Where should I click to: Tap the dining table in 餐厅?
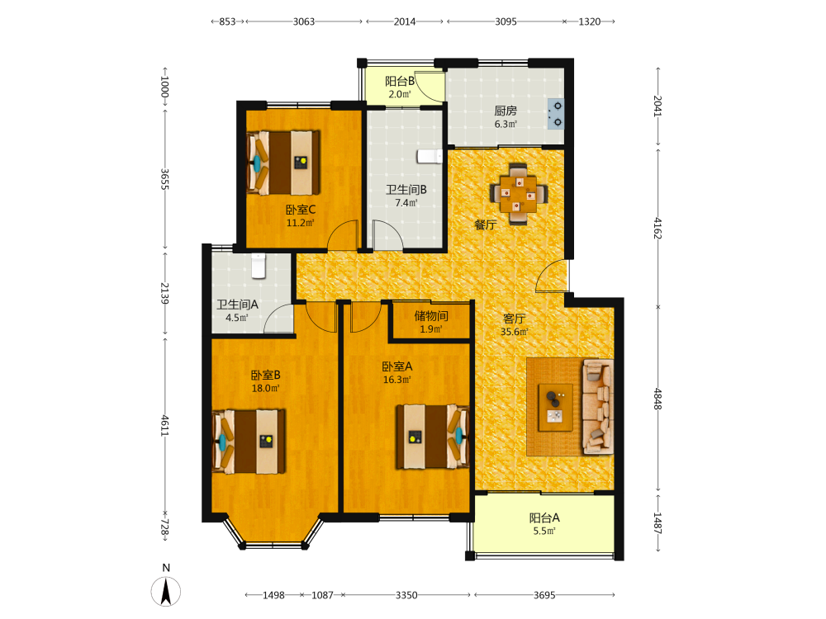[x=519, y=194]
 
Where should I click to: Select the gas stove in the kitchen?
[x=556, y=114]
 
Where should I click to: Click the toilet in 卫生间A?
[x=258, y=266]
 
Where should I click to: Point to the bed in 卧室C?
[x=283, y=163]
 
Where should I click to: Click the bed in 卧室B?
[x=249, y=441]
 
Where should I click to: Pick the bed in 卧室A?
[x=433, y=437]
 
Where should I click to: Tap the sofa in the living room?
[x=598, y=407]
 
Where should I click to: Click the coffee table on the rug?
[x=555, y=408]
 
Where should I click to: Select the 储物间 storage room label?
[x=431, y=316]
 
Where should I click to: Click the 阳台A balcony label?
[x=544, y=518]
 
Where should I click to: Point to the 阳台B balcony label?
[x=399, y=81]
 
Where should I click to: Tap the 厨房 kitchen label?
[x=506, y=111]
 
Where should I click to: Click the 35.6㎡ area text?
[x=514, y=332]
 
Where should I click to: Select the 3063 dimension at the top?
[x=304, y=21]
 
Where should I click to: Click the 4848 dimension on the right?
[x=657, y=399]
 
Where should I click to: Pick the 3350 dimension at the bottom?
[x=406, y=595]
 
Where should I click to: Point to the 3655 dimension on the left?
[x=164, y=179]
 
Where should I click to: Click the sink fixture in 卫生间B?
[x=430, y=156]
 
